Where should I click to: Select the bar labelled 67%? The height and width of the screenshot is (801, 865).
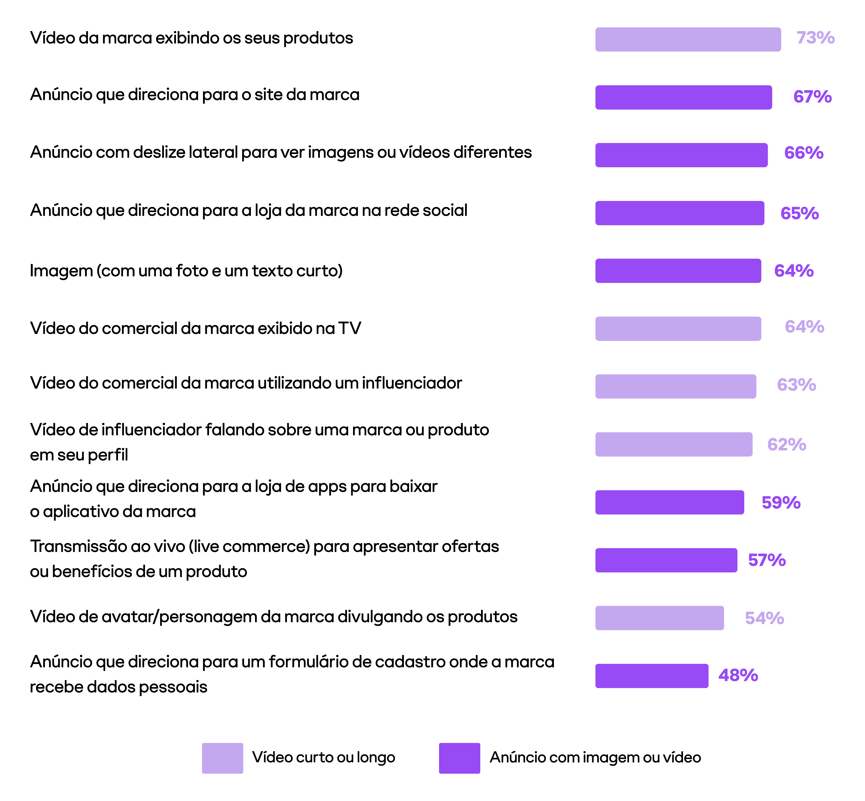pyautogui.click(x=683, y=97)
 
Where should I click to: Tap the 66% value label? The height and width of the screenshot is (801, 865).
pyautogui.click(x=803, y=153)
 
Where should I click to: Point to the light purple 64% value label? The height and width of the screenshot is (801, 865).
pyautogui.click(x=804, y=327)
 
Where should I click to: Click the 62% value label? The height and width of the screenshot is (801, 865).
pyautogui.click(x=787, y=445)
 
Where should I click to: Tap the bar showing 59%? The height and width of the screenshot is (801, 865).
pyautogui.click(x=669, y=502)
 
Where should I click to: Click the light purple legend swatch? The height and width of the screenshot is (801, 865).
pyautogui.click(x=222, y=758)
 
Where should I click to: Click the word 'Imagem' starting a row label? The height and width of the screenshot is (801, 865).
pyautogui.click(x=61, y=271)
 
